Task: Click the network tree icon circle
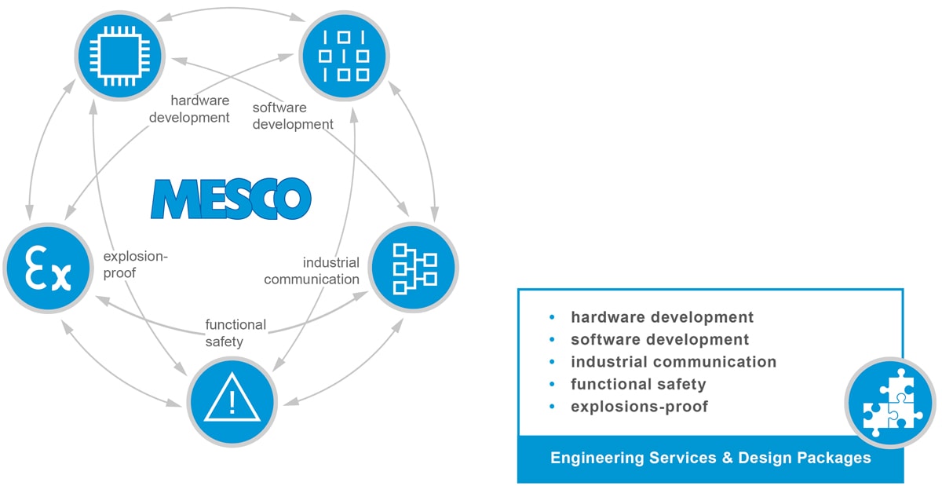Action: click(x=413, y=266)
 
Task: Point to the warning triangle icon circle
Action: click(x=232, y=401)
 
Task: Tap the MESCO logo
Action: click(x=231, y=198)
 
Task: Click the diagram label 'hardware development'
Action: click(x=199, y=109)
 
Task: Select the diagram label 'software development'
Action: click(x=292, y=115)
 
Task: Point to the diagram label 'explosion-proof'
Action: click(x=135, y=265)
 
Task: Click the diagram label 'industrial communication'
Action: click(x=312, y=271)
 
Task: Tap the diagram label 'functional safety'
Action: click(x=235, y=333)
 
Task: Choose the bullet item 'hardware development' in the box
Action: click(x=662, y=317)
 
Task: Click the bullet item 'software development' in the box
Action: click(x=659, y=340)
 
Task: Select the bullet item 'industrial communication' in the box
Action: click(x=673, y=362)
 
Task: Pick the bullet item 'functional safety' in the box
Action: click(x=638, y=384)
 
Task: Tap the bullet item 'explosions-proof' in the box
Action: click(x=639, y=407)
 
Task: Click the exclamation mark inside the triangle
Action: click(x=232, y=403)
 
